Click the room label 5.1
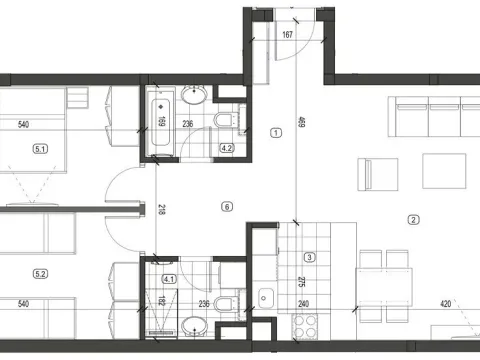pos(41,149)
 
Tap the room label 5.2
pos(41,273)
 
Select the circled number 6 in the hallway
pos(227,207)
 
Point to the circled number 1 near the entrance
pos(275,132)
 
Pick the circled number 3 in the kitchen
pos(310,257)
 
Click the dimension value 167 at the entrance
pos(288,36)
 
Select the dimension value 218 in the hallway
pos(159,211)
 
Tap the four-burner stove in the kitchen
pos(303,325)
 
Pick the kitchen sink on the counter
pos(266,297)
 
